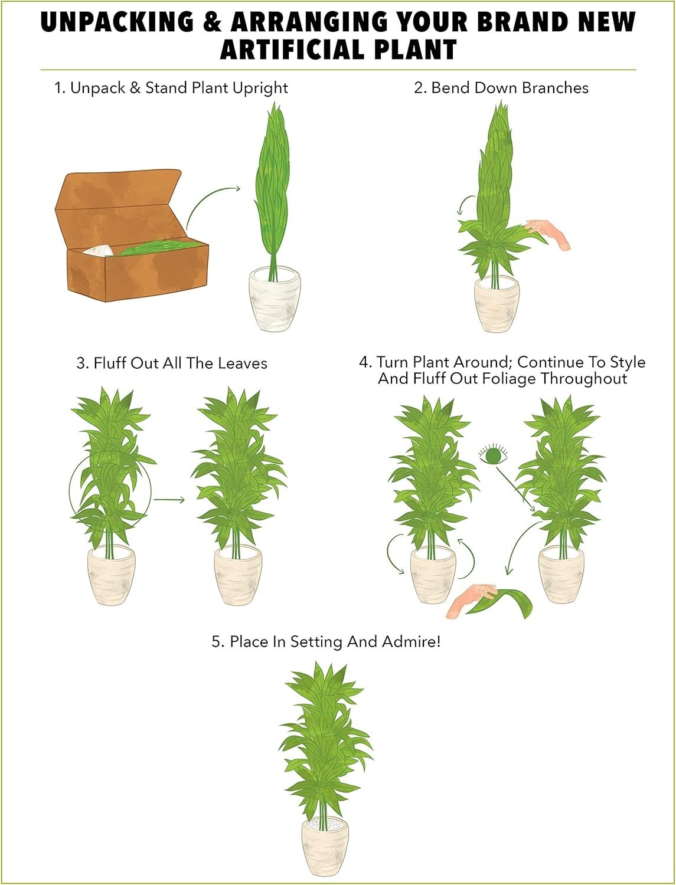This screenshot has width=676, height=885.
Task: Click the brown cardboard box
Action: click(x=132, y=235)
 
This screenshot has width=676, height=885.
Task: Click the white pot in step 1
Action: click(x=275, y=299)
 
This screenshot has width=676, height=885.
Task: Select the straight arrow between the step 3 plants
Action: click(x=169, y=500)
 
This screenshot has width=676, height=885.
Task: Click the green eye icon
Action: click(x=493, y=455)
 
